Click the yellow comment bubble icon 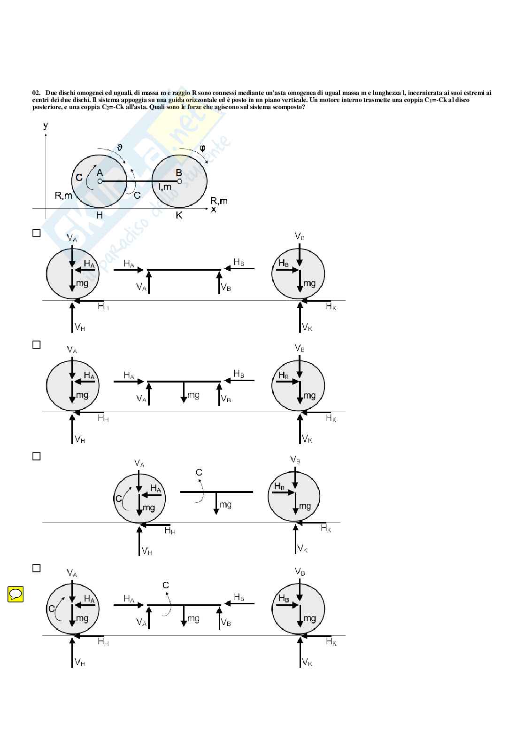pyautogui.click(x=15, y=594)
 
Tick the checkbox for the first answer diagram pyautogui.click(x=37, y=233)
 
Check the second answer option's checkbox pyautogui.click(x=37, y=344)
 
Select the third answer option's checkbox pyautogui.click(x=37, y=456)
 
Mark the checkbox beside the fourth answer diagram pyautogui.click(x=37, y=568)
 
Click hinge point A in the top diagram pyautogui.click(x=100, y=181)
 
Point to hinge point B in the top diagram pyautogui.click(x=179, y=181)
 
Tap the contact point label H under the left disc pyautogui.click(x=99, y=215)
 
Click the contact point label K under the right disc pyautogui.click(x=179, y=215)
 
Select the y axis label pyautogui.click(x=46, y=125)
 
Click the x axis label pyautogui.click(x=214, y=210)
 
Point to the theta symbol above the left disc pyautogui.click(x=120, y=147)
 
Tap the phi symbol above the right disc pyautogui.click(x=202, y=148)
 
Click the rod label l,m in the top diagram pyautogui.click(x=165, y=187)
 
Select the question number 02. pyautogui.click(x=37, y=93)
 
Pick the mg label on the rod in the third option pyautogui.click(x=225, y=505)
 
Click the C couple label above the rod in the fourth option pyautogui.click(x=165, y=586)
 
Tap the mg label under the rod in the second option pyautogui.click(x=193, y=395)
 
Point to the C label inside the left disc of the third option pyautogui.click(x=118, y=499)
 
